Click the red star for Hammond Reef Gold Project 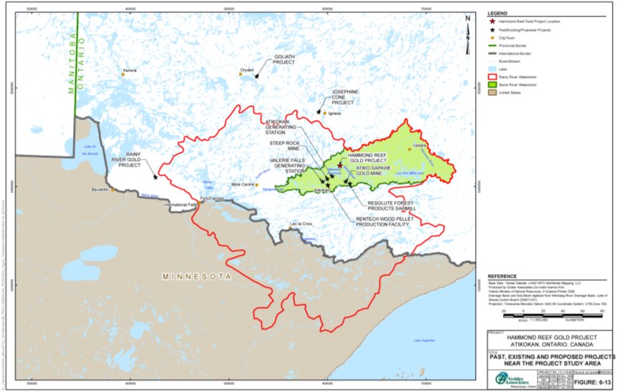[x=340, y=165]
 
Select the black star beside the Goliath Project [x=257, y=76]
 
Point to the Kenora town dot [x=122, y=74]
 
